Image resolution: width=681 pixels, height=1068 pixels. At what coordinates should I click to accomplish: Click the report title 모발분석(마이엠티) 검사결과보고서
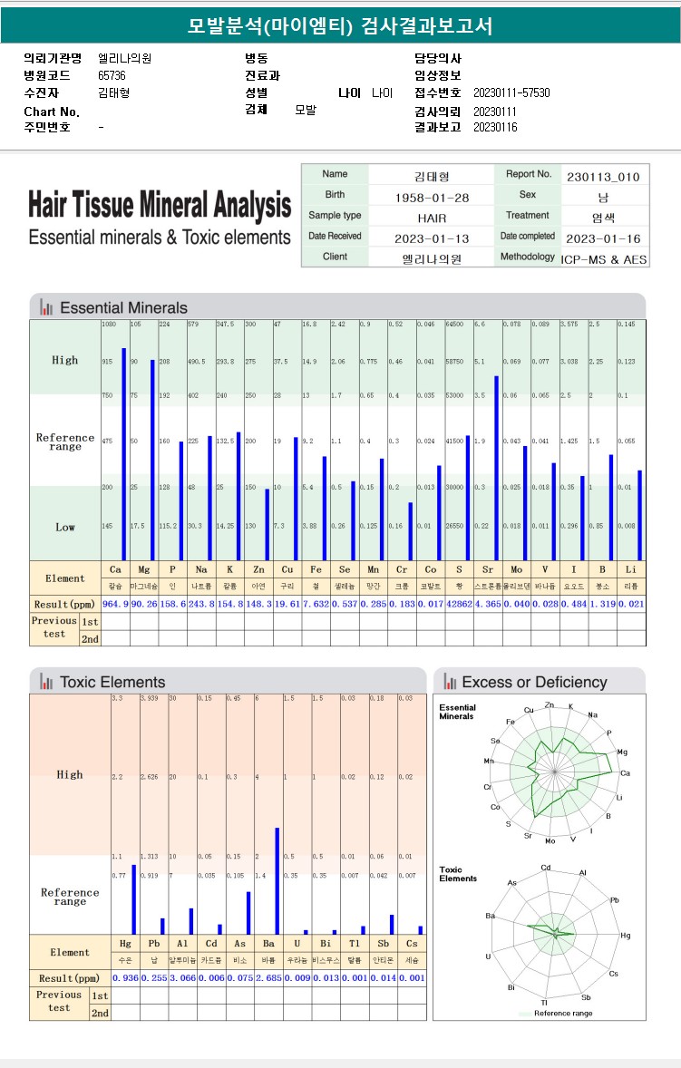[x=340, y=26]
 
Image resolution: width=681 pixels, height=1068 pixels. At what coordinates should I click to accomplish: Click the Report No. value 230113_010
[x=602, y=177]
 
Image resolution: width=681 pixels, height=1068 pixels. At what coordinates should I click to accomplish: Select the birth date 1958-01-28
[x=432, y=198]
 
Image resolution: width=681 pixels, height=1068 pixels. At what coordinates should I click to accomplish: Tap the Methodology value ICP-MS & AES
[x=604, y=259]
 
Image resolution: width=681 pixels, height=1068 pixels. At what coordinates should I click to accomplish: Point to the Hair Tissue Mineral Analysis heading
[x=160, y=205]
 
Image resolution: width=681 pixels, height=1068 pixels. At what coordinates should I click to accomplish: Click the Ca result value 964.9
[x=115, y=602]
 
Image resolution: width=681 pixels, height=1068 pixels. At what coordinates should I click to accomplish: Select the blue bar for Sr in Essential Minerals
[x=496, y=468]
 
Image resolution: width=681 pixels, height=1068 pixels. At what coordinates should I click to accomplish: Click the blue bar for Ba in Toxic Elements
[x=277, y=880]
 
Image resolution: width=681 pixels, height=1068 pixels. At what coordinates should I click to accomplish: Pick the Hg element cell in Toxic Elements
[x=125, y=944]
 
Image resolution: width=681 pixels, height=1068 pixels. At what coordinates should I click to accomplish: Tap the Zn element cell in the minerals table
[x=258, y=569]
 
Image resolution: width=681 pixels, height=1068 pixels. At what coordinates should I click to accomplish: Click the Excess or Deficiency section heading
[x=534, y=682]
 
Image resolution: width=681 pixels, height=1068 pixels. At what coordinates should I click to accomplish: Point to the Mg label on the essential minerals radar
[x=622, y=752]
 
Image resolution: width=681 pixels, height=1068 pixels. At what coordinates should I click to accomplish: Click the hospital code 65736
[x=112, y=75]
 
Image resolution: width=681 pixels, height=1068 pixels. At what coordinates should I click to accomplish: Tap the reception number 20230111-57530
[x=511, y=92]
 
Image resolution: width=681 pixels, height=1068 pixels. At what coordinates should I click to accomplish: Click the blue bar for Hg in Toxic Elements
[x=133, y=899]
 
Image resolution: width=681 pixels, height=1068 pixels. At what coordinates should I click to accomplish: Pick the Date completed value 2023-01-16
[x=602, y=239]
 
